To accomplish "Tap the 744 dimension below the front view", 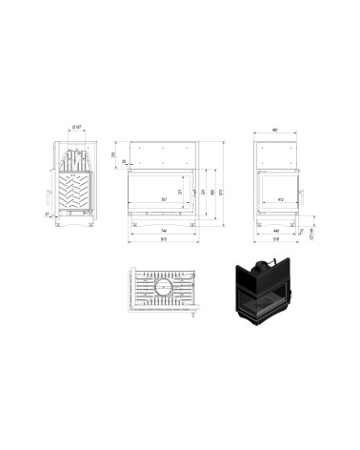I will tap(164, 232).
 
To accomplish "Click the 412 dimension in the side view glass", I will tap(281, 199).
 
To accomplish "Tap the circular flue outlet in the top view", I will tap(164, 286).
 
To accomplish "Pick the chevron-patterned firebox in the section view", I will tap(74, 192).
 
